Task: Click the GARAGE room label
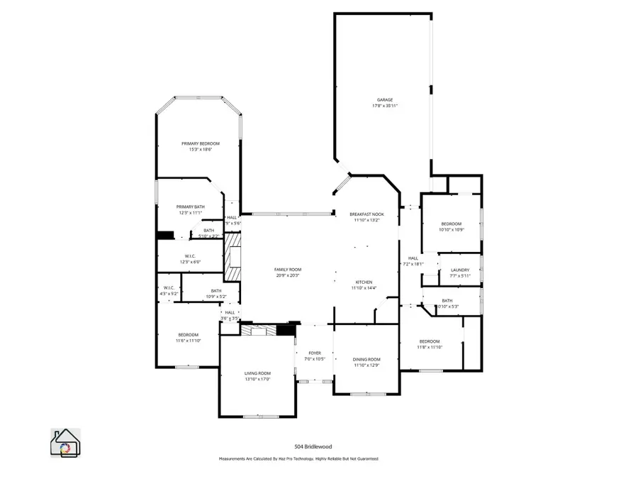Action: click(384, 99)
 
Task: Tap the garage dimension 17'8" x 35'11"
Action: click(384, 106)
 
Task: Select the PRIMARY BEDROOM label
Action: click(200, 143)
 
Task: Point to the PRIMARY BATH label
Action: click(190, 207)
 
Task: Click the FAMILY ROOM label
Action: click(288, 269)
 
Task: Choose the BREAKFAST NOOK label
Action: click(366, 214)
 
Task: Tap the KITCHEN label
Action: click(364, 282)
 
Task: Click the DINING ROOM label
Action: click(366, 359)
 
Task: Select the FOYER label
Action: click(314, 353)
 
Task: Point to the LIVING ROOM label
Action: click(257, 373)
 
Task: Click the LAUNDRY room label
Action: click(460, 270)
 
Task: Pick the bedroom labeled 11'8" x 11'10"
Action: click(429, 341)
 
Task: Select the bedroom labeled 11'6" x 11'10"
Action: click(188, 334)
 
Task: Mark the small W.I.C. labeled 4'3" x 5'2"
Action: click(170, 287)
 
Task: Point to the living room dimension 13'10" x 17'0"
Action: click(257, 380)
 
